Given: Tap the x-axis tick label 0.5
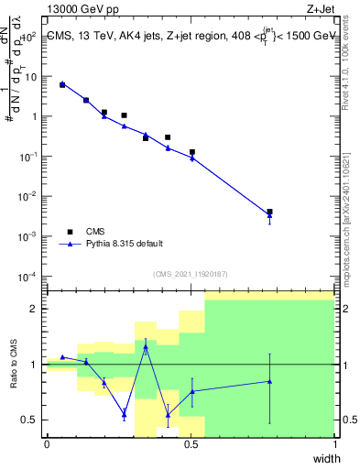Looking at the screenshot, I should tap(191, 443).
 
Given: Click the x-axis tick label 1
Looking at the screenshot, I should tap(334, 443).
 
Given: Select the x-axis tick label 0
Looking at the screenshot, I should tap(47, 443).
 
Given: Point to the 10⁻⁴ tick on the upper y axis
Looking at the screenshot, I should tap(28, 276).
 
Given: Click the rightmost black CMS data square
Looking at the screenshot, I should tap(269, 212).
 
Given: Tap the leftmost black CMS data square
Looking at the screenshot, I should tap(62, 84).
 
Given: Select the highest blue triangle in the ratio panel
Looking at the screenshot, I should tap(146, 347).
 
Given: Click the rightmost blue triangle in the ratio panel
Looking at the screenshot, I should tap(269, 381).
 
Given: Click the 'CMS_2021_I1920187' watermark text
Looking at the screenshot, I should tap(190, 272).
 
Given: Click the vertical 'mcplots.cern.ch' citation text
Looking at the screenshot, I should tap(352, 220).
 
